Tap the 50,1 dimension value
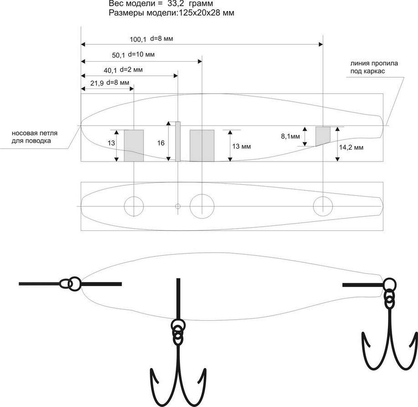click(118, 55)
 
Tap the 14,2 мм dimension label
click(352, 147)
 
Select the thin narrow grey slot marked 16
click(178, 141)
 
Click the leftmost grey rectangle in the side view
click(134, 146)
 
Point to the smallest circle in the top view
click(178, 206)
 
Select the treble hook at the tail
click(389, 338)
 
